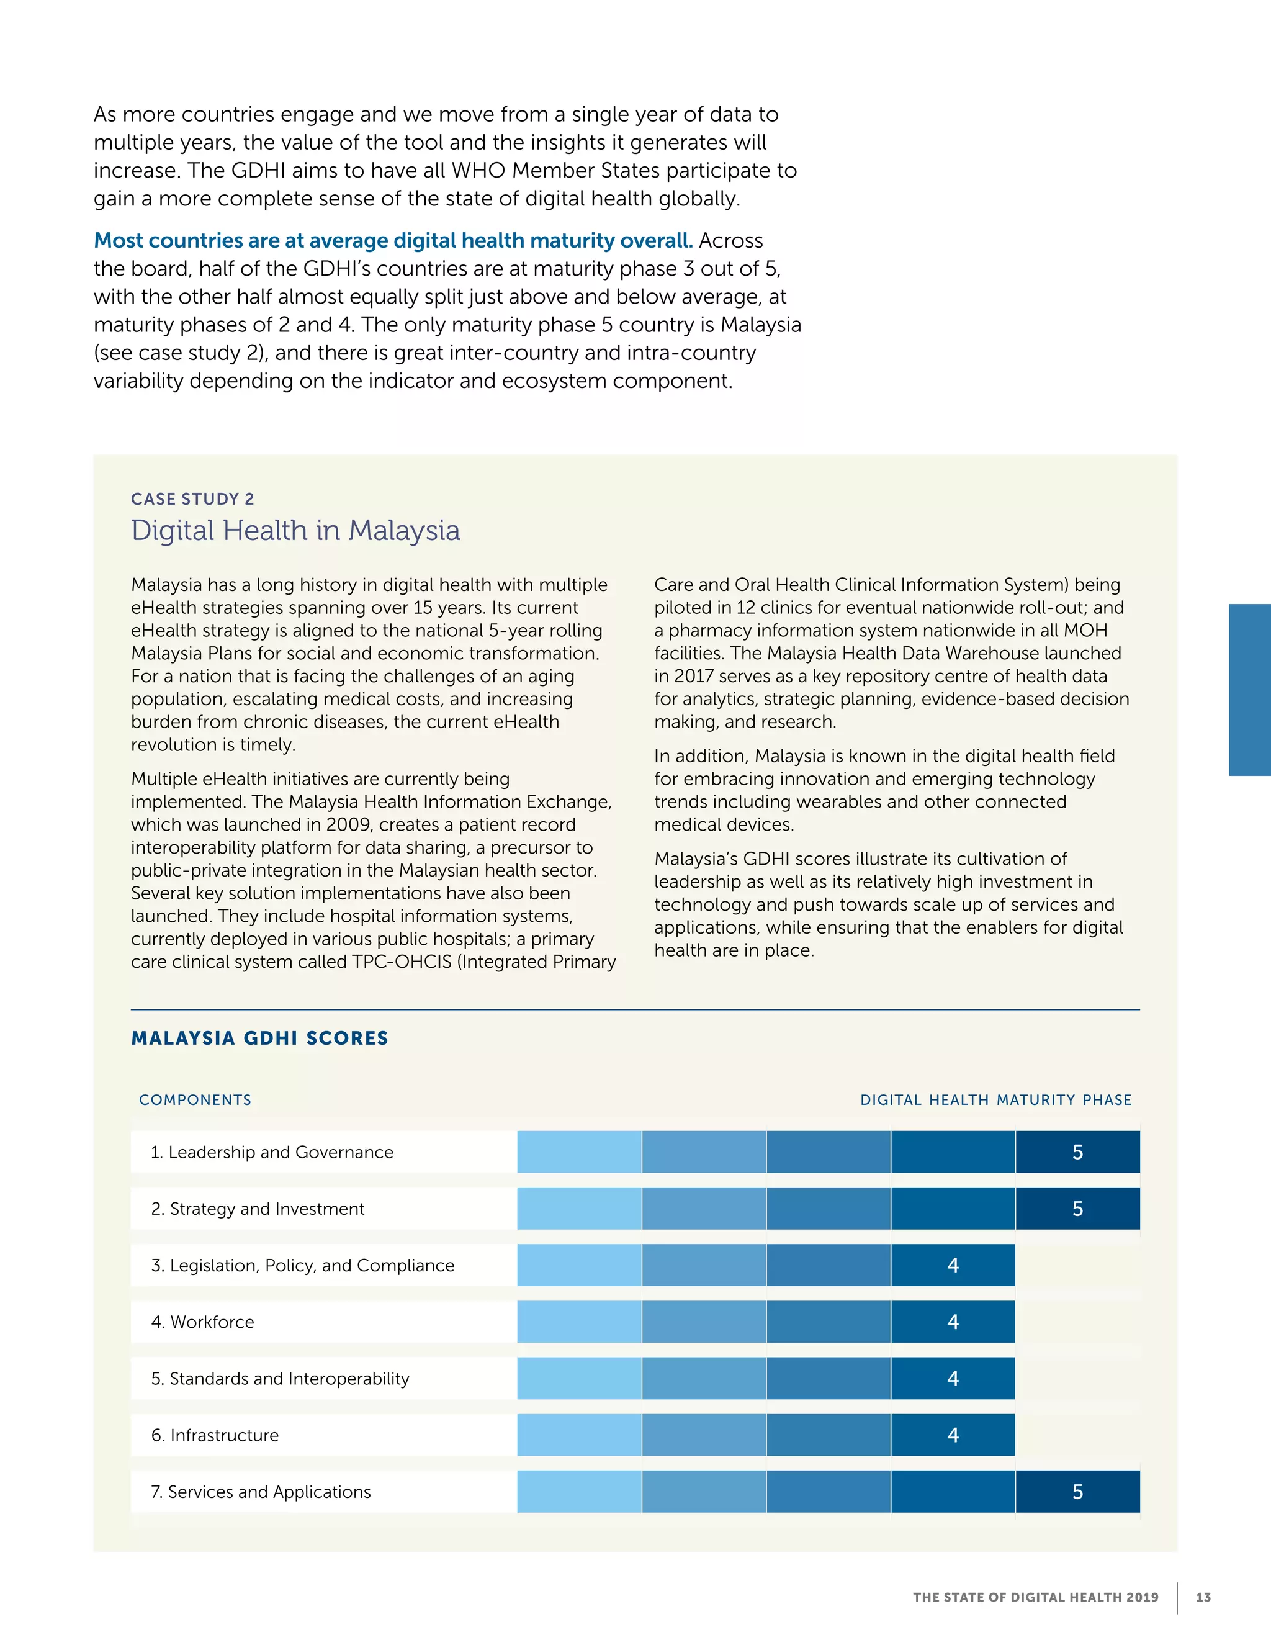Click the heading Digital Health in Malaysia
[295, 530]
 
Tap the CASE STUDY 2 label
[193, 498]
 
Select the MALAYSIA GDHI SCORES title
[260, 1038]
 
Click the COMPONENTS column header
[195, 1100]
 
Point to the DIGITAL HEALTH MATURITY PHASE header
[995, 1100]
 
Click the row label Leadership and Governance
[272, 1151]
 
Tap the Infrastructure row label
[215, 1435]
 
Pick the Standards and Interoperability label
[280, 1378]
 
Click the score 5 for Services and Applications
[1077, 1491]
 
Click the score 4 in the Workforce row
[953, 1322]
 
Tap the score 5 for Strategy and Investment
[1077, 1209]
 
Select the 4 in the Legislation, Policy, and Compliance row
[953, 1265]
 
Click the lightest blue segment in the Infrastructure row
[579, 1435]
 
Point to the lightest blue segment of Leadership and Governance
[579, 1151]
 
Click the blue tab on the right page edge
[1250, 689]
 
